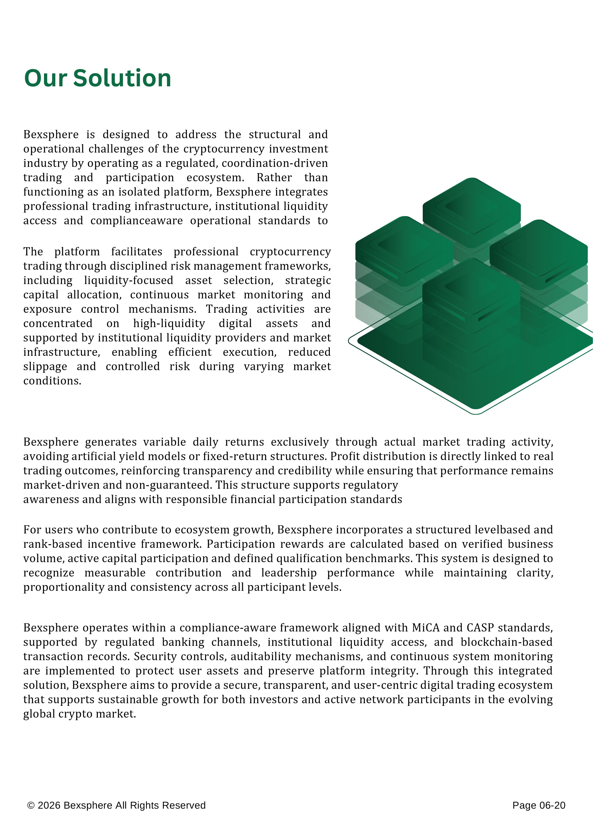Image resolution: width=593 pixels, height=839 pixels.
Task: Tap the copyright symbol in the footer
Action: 31,805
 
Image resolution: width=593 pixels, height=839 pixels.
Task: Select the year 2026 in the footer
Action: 49,805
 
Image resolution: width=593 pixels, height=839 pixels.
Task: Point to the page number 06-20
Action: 552,805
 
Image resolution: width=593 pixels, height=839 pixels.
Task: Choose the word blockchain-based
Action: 506,642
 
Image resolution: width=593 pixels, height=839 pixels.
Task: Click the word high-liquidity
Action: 169,324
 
